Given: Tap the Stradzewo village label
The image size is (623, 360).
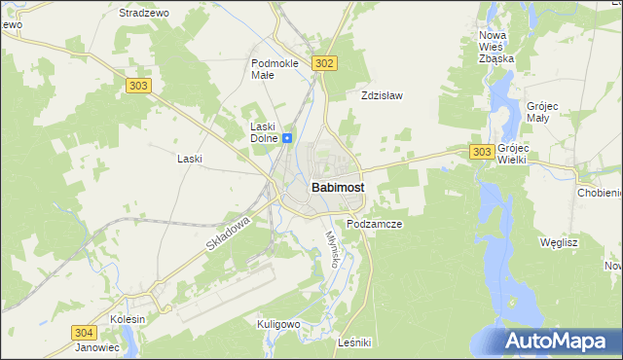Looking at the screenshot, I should [144, 14].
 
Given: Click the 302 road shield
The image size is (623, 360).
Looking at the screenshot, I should [325, 63].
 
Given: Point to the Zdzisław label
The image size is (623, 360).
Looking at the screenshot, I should [382, 96].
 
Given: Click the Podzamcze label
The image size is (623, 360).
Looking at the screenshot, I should [375, 224].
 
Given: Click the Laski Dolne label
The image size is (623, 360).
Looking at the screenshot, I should [263, 132].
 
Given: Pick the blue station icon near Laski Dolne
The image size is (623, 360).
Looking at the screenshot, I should [287, 138].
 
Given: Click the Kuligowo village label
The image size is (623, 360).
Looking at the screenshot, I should [277, 323].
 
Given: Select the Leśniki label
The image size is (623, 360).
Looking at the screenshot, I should [353, 342].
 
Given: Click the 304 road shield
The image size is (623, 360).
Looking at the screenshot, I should [84, 333].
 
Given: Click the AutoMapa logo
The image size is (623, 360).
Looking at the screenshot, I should [560, 341].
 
